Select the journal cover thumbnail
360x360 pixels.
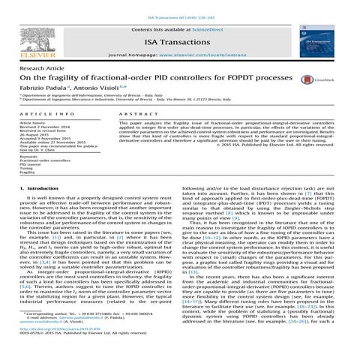[x=327, y=40]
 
